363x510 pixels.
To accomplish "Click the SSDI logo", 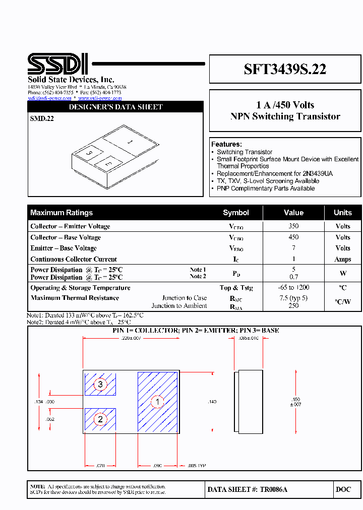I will (x=58, y=64).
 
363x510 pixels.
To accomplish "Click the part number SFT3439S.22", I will (x=285, y=70).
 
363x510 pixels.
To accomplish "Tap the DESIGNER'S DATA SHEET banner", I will (x=115, y=107).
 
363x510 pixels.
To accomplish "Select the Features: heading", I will (x=226, y=144).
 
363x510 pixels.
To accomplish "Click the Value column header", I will (x=293, y=213).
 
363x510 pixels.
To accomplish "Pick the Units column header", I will (x=343, y=213).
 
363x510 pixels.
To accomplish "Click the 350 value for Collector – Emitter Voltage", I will (x=293, y=226).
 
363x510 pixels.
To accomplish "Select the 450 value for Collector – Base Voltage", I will (x=293, y=237).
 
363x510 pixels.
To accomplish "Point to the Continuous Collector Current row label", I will (x=74, y=259).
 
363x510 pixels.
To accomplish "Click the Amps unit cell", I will (x=343, y=259).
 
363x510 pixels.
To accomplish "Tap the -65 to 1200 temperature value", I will (x=293, y=287).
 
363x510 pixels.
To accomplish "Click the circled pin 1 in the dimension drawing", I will (x=158, y=402).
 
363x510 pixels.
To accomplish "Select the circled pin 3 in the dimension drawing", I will (x=100, y=385).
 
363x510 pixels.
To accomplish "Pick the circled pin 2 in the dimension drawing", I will (x=100, y=419).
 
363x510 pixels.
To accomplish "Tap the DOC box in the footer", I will (x=343, y=489).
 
